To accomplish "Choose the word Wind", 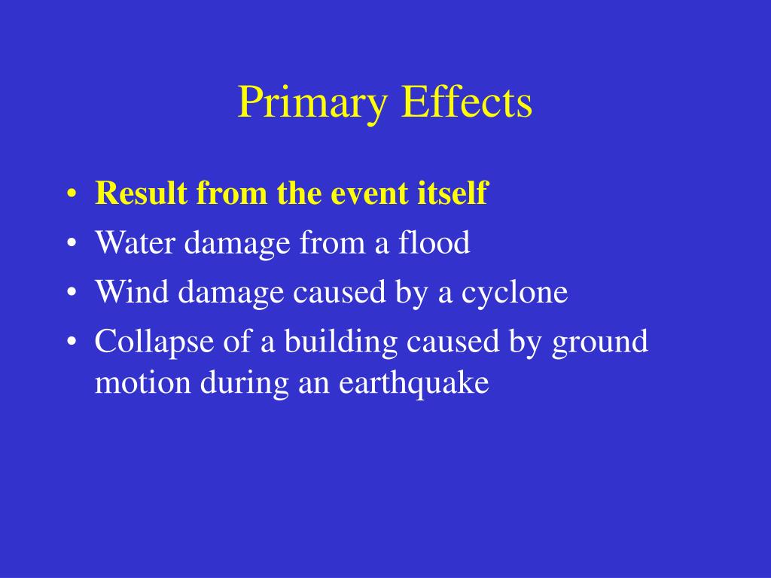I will click(126, 292).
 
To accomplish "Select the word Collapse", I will click(154, 342).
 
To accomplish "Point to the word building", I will click(343, 342).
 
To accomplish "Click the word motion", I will click(142, 383).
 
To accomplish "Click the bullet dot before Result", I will click(71, 195).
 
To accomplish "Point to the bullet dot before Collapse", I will click(71, 343).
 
